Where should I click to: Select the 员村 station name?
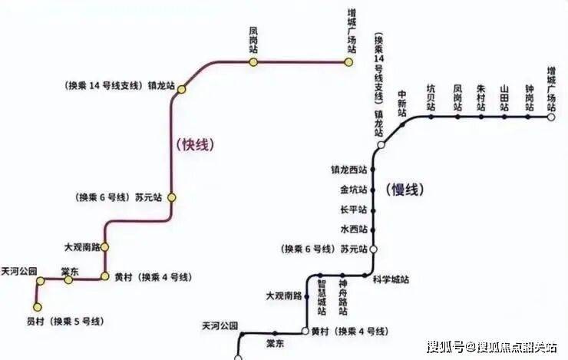pyautogui.click(x=35, y=321)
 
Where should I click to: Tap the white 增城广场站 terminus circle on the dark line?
pyautogui.click(x=551, y=117)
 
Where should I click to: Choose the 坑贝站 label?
pyautogui.click(x=431, y=98)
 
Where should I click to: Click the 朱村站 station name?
pyautogui.click(x=480, y=98)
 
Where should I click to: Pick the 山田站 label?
pyautogui.click(x=504, y=98)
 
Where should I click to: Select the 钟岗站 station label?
pyautogui.click(x=529, y=98)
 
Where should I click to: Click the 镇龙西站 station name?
pyautogui.click(x=349, y=169)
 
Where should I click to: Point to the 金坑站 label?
pyautogui.click(x=354, y=190)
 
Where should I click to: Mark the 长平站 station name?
pyautogui.click(x=354, y=210)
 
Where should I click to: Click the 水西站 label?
pyautogui.click(x=354, y=229)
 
